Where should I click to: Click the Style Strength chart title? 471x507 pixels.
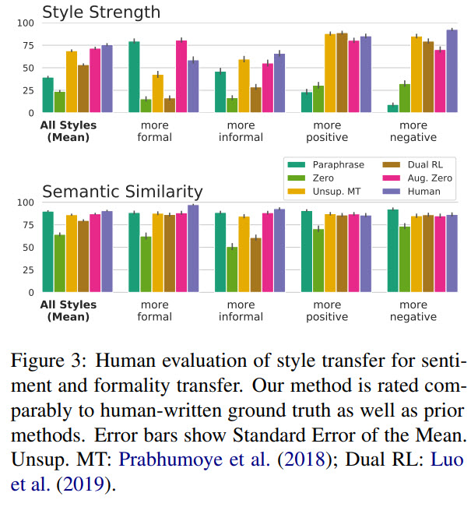101,12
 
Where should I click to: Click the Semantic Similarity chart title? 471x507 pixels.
124,192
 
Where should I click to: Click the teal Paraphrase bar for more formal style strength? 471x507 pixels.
134,77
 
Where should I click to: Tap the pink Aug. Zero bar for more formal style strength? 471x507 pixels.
181,77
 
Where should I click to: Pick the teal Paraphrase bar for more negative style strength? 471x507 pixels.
392,108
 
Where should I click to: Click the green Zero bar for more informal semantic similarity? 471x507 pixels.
232,269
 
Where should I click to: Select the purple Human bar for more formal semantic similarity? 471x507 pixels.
193,248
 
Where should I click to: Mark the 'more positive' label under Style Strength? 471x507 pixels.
326,131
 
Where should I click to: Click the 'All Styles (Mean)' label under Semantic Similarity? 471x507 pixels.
68,311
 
